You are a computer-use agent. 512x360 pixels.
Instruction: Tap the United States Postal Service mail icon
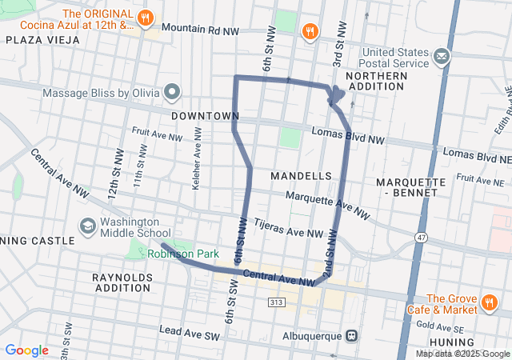tap(441, 56)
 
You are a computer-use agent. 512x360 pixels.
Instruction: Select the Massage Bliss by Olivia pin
tap(172, 91)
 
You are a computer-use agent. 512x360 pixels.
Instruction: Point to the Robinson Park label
tap(182, 254)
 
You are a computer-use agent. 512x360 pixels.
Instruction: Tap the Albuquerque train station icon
tap(350, 335)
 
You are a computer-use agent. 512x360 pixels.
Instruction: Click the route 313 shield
tap(277, 302)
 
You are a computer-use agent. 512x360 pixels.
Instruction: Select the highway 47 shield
tap(422, 238)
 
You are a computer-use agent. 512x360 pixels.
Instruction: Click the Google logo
tap(27, 350)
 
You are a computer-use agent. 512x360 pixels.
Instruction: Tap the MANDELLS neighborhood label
tap(301, 175)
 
